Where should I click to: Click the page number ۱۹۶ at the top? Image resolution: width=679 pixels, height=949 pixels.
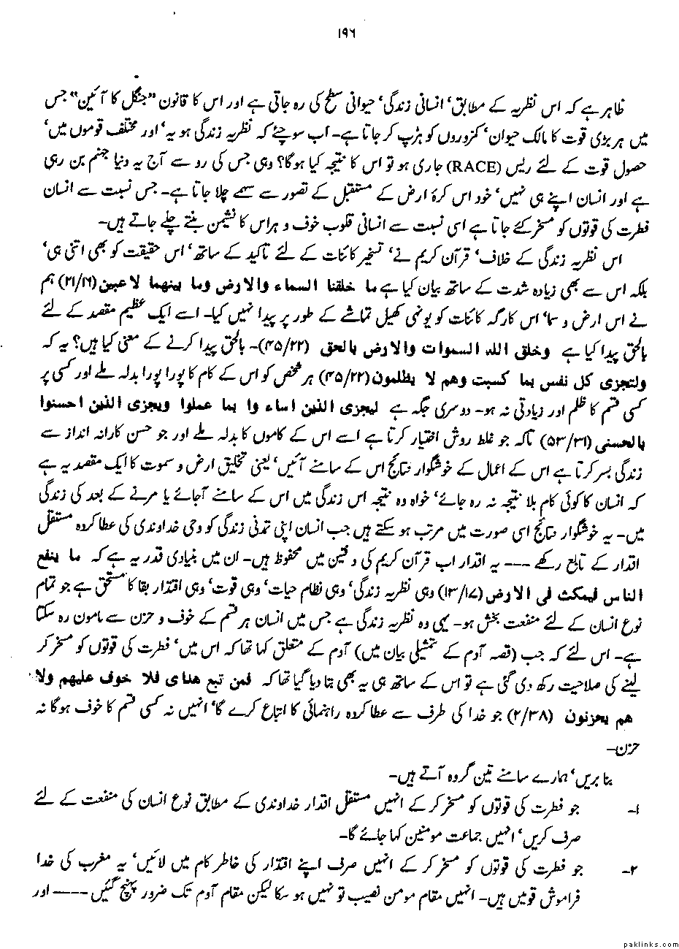tap(338, 34)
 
